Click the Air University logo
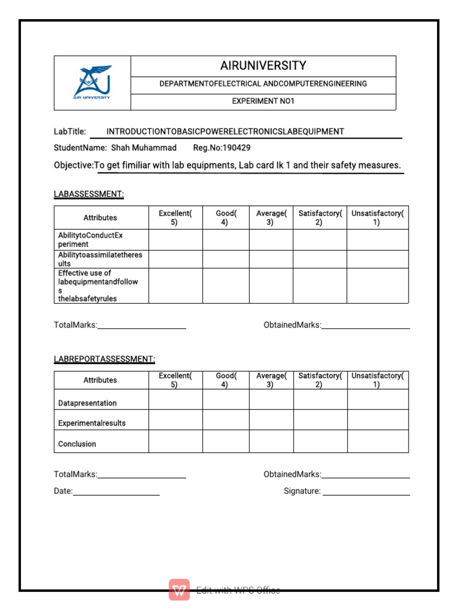[92, 83]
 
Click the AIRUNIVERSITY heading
[263, 66]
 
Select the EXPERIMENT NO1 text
[263, 101]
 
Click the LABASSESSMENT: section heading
[89, 194]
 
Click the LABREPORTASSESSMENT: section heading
[104, 359]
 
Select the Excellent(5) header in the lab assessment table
[175, 218]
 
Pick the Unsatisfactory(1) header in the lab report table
[377, 380]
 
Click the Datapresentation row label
[88, 403]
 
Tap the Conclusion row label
[77, 444]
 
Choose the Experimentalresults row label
[92, 424]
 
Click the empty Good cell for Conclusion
[226, 442]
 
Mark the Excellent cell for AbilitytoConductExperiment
[175, 240]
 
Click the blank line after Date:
[116, 492]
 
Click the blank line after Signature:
[366, 492]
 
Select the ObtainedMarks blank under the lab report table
[366, 475]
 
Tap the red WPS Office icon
[180, 590]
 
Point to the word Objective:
[74, 165]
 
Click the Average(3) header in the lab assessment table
[271, 218]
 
